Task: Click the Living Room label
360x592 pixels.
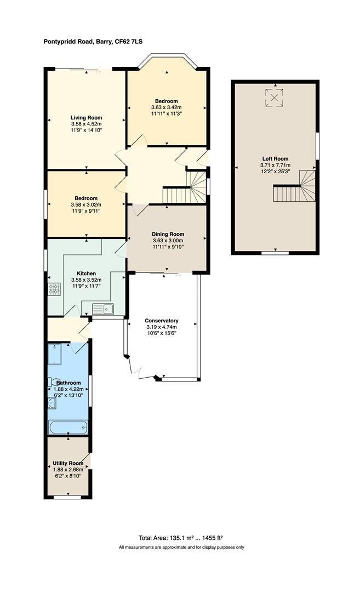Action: pos(86,117)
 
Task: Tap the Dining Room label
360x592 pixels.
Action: pos(167,234)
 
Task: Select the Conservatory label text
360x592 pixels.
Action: pos(162,321)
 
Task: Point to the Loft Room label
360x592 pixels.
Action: pos(275,158)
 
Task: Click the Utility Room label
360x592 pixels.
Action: pos(68,463)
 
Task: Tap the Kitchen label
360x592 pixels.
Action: pos(86,273)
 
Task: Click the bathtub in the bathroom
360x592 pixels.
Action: pos(68,427)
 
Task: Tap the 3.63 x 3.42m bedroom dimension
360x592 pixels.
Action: pos(166,107)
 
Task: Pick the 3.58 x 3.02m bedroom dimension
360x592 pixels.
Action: pos(86,204)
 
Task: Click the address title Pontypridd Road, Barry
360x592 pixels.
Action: pos(94,41)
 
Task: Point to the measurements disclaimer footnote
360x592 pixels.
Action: pos(181,547)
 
